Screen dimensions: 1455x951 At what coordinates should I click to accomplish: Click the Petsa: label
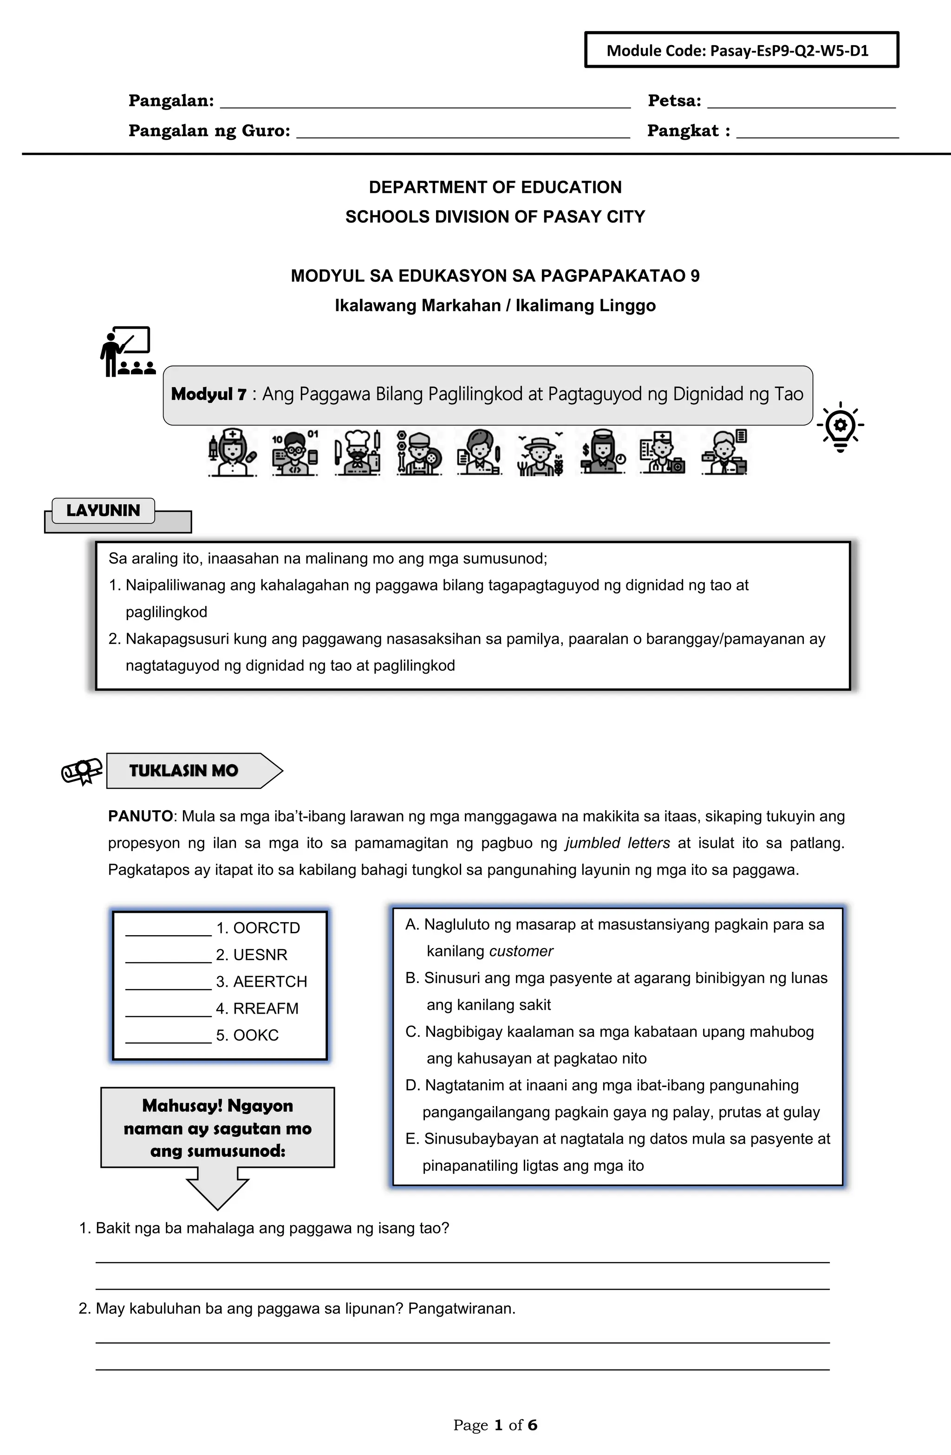coord(674,101)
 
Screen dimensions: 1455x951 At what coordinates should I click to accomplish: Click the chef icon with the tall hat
coord(358,453)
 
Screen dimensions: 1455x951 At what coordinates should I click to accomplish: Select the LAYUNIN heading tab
coord(103,511)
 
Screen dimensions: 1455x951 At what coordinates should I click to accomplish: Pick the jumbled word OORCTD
coord(267,928)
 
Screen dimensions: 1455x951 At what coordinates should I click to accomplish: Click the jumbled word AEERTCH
coord(270,982)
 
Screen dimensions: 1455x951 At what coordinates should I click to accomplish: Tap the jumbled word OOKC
coord(255,1035)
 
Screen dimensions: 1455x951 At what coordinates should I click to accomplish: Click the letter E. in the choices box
coord(412,1139)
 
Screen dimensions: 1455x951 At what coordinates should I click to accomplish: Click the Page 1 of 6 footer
coord(495,1426)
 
